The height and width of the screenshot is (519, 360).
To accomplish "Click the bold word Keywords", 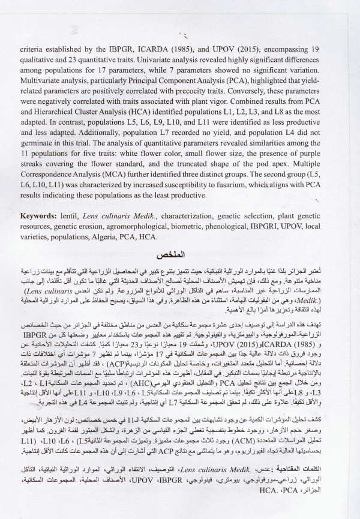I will tap(40, 215).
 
